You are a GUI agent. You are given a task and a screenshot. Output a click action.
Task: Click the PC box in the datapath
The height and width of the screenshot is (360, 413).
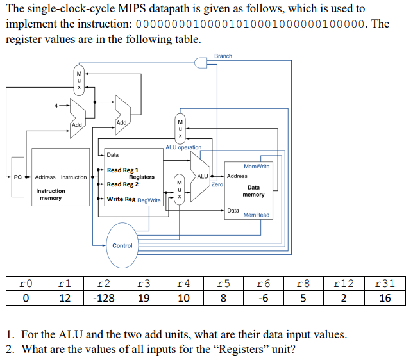(17, 177)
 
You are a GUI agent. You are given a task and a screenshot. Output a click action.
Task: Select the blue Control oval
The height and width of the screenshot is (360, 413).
(122, 245)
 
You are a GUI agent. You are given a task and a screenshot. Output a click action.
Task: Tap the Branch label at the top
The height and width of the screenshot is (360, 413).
(223, 56)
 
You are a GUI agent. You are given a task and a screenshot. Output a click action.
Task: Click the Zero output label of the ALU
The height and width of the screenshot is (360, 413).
(217, 184)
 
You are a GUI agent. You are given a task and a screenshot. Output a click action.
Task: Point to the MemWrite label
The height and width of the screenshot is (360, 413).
(257, 166)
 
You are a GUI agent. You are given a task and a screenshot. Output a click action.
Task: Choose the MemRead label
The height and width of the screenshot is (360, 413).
(257, 215)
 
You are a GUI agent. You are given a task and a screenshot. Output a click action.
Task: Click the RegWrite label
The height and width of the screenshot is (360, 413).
(149, 200)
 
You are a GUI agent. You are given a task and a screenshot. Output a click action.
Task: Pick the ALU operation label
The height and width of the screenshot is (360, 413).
(183, 147)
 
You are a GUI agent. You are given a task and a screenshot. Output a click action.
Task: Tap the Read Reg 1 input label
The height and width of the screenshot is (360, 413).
(122, 170)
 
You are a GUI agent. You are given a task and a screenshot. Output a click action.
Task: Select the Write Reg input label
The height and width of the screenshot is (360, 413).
(121, 199)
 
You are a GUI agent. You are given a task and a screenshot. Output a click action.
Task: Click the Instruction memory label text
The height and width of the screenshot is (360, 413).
(50, 195)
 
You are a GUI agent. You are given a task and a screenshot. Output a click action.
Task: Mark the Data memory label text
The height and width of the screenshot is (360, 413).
(254, 191)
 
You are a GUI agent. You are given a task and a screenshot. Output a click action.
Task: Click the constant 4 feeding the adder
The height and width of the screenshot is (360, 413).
(56, 105)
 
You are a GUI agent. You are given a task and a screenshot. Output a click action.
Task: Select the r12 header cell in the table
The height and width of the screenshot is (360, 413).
(344, 282)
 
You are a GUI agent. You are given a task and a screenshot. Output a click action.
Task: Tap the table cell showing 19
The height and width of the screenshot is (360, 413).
(143, 298)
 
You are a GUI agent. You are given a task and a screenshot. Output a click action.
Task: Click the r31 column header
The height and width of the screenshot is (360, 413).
(385, 282)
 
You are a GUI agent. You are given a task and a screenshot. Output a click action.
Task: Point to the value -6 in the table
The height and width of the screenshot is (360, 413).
(264, 298)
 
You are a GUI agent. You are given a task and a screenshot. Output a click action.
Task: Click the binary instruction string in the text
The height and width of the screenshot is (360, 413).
(251, 24)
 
